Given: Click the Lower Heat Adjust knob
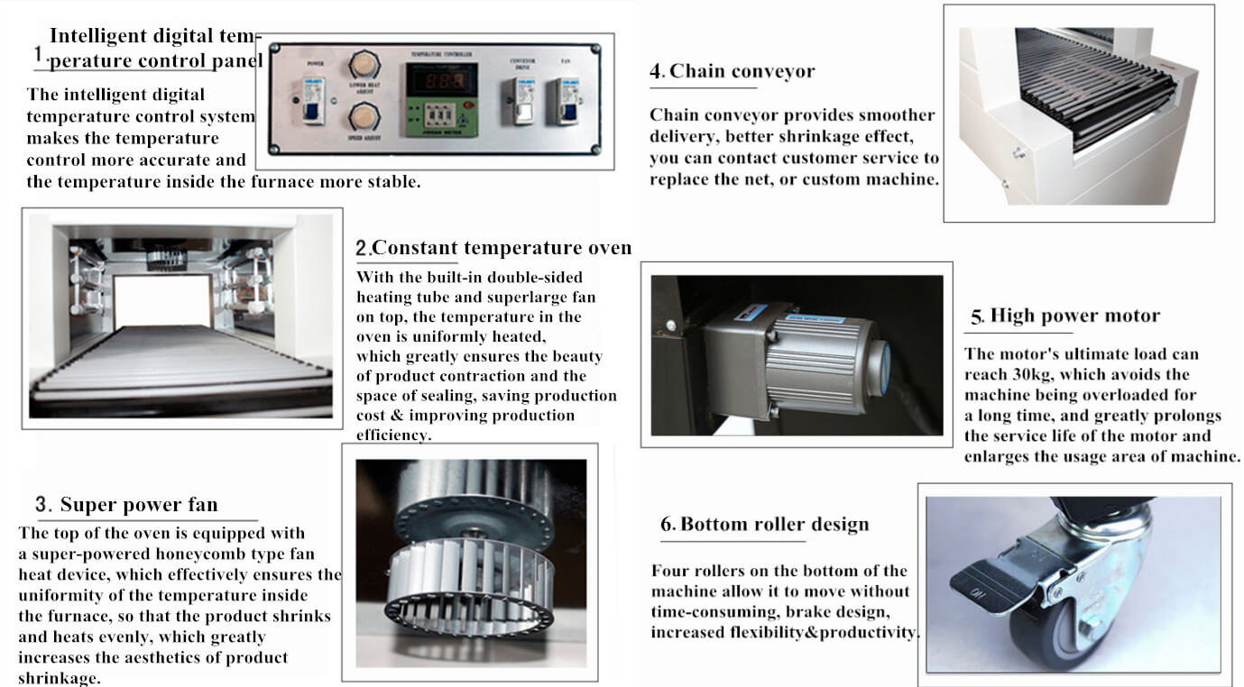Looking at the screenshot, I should pyautogui.click(x=364, y=64).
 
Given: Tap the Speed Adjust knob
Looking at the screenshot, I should pyautogui.click(x=364, y=117).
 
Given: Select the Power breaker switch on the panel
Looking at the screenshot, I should pyautogui.click(x=313, y=101).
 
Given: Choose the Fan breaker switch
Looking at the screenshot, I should pyautogui.click(x=567, y=99).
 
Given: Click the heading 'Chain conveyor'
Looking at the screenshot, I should pyautogui.click(x=742, y=71).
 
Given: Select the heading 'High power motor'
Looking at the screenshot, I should pyautogui.click(x=1074, y=316).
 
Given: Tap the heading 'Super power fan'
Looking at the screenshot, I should pyautogui.click(x=138, y=505).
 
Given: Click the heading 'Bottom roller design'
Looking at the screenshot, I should pyautogui.click(x=774, y=525).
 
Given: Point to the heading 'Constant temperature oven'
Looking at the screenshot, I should pyautogui.click(x=502, y=248).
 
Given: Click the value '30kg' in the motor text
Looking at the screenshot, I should pyautogui.click(x=1066, y=375).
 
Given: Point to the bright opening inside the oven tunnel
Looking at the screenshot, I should pyautogui.click(x=162, y=300).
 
